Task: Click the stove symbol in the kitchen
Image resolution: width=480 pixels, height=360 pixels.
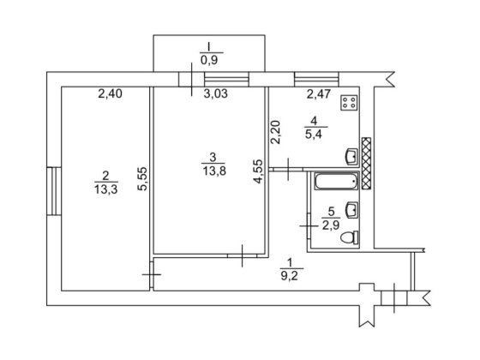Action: [x=350, y=102]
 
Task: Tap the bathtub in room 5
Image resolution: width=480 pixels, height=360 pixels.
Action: [x=336, y=181]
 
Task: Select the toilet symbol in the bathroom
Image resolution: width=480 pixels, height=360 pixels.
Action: [x=350, y=237]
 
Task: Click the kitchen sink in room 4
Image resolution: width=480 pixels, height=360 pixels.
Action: [x=351, y=157]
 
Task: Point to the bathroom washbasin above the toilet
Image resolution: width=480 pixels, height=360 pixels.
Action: [x=351, y=210]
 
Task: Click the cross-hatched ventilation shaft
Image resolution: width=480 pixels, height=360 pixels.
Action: [x=367, y=163]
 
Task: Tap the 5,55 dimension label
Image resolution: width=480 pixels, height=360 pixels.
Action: [x=142, y=179]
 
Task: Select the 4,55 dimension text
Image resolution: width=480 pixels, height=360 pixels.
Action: [x=258, y=171]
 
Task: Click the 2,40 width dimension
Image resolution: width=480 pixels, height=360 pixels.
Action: [x=111, y=93]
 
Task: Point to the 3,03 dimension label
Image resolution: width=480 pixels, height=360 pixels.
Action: [x=216, y=93]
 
